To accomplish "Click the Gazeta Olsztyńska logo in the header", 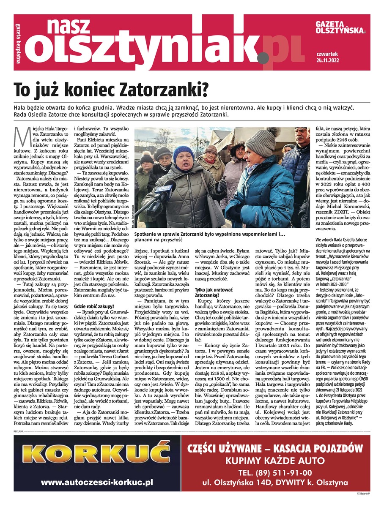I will point(340,27).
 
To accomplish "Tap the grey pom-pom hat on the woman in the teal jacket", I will point(261,142).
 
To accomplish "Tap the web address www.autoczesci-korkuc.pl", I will point(97,482).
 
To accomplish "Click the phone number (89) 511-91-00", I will point(275,472).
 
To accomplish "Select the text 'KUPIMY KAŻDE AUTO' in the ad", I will point(275,461).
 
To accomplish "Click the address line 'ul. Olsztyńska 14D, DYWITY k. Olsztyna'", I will point(275,482).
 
